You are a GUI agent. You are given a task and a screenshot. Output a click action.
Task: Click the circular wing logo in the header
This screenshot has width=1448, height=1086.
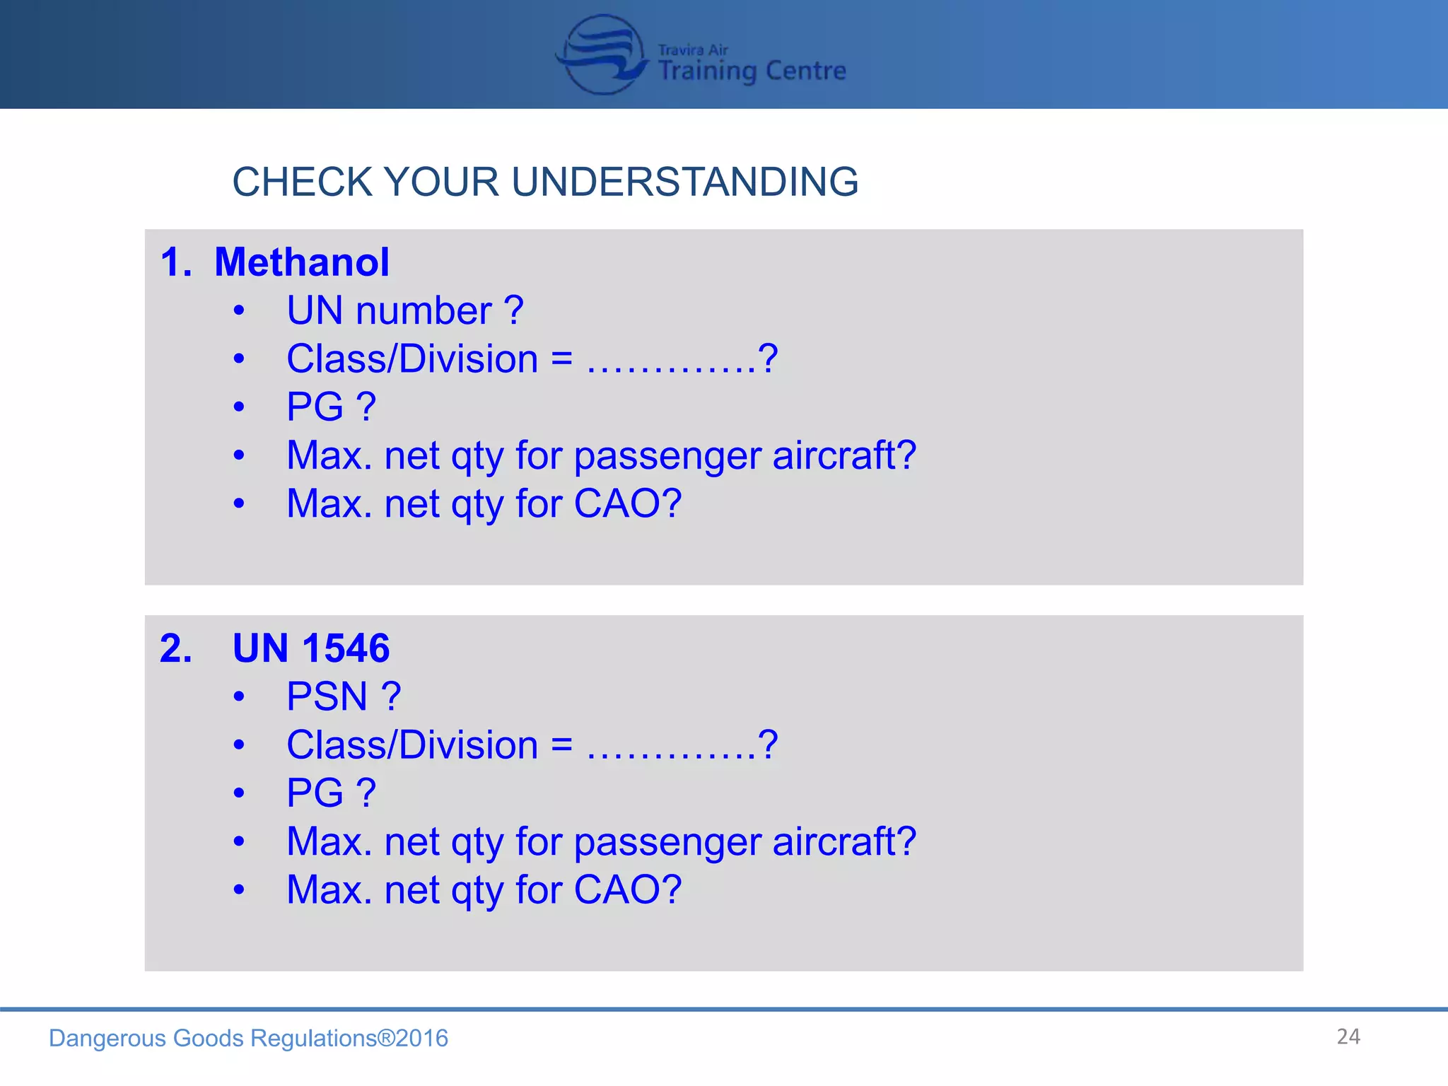(x=602, y=54)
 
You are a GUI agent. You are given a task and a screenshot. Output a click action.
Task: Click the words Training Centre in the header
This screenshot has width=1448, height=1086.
(x=752, y=71)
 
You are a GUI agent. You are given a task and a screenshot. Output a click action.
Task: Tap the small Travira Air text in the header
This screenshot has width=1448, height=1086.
(x=692, y=49)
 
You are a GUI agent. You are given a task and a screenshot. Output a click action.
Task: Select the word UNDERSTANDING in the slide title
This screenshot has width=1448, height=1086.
(x=684, y=182)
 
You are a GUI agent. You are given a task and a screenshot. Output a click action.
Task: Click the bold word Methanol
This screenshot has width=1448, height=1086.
(x=301, y=262)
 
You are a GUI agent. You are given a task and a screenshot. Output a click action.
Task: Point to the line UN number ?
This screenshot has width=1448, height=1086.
(x=404, y=310)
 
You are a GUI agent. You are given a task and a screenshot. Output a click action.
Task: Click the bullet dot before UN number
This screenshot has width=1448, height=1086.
(x=239, y=310)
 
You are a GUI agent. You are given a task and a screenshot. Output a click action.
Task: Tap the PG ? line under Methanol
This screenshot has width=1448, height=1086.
(x=331, y=407)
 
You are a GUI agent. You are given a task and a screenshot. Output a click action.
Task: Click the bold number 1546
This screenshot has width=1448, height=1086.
(x=346, y=648)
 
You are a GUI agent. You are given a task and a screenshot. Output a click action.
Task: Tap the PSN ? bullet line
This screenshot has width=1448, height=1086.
(x=344, y=696)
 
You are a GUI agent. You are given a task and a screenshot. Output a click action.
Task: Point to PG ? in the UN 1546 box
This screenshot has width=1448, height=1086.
(x=331, y=793)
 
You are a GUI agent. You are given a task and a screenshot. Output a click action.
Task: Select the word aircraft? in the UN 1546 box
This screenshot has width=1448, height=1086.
(x=844, y=841)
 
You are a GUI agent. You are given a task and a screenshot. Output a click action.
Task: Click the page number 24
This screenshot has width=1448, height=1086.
(x=1348, y=1037)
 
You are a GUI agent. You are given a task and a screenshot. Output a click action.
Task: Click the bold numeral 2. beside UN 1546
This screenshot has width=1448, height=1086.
(x=176, y=648)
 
